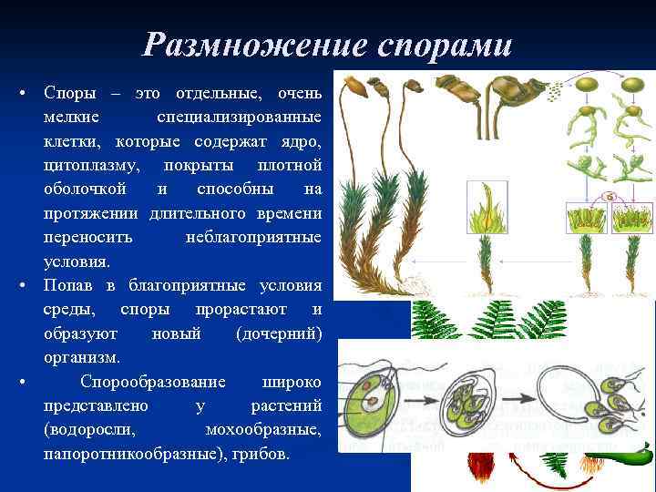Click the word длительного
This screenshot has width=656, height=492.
[x=192, y=213]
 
